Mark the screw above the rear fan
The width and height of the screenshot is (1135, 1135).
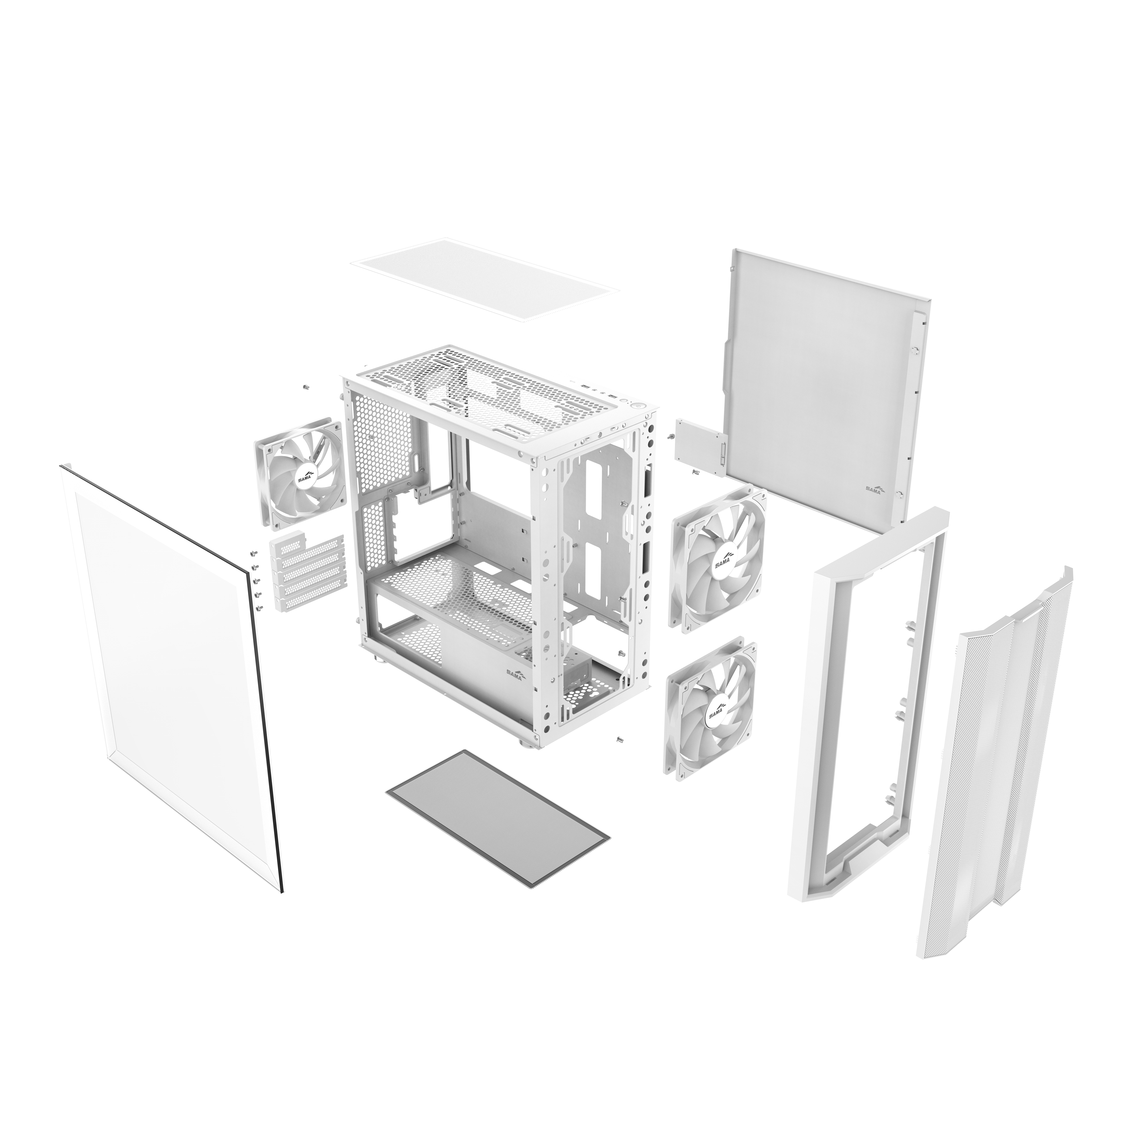306,388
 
